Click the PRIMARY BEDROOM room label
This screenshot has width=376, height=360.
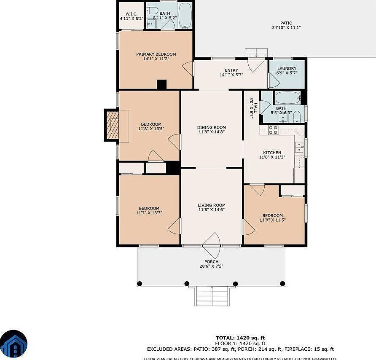pyautogui.click(x=156, y=54)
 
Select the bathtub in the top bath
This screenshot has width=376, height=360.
pyautogui.click(x=184, y=16)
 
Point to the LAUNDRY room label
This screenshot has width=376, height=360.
pyautogui.click(x=286, y=68)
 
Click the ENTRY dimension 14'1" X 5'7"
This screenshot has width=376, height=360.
pyautogui.click(x=231, y=75)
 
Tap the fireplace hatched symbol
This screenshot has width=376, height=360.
pyautogui.click(x=113, y=125)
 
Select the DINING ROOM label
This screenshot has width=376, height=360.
pyautogui.click(x=212, y=127)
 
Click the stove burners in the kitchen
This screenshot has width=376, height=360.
pyautogui.click(x=273, y=130)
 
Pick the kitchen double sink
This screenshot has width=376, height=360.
pyautogui.click(x=300, y=147)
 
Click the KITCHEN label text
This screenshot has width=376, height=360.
pyautogui.click(x=272, y=153)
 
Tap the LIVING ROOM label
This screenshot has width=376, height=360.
pyautogui.click(x=212, y=205)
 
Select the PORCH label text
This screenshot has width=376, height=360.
pyautogui.click(x=212, y=262)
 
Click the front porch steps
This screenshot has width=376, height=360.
pyautogui.click(x=212, y=296)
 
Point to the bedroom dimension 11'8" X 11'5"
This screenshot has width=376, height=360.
pyautogui.click(x=272, y=220)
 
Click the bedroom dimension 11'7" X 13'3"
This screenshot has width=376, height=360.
pyautogui.click(x=149, y=213)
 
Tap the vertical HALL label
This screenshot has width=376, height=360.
pyautogui.click(x=253, y=107)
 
